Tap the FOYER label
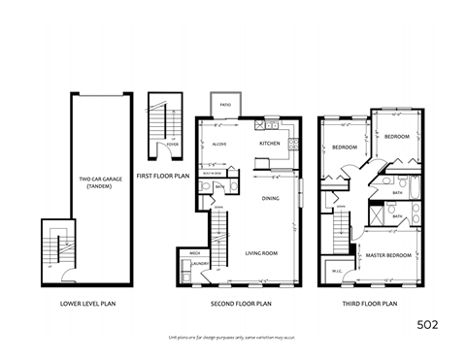click(171, 144)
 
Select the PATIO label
click(225, 105)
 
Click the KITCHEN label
click(270, 144)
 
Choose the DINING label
click(271, 197)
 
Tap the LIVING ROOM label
click(262, 252)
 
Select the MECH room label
click(183, 254)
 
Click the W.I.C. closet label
click(337, 271)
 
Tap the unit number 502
click(428, 322)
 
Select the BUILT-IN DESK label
click(219, 171)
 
